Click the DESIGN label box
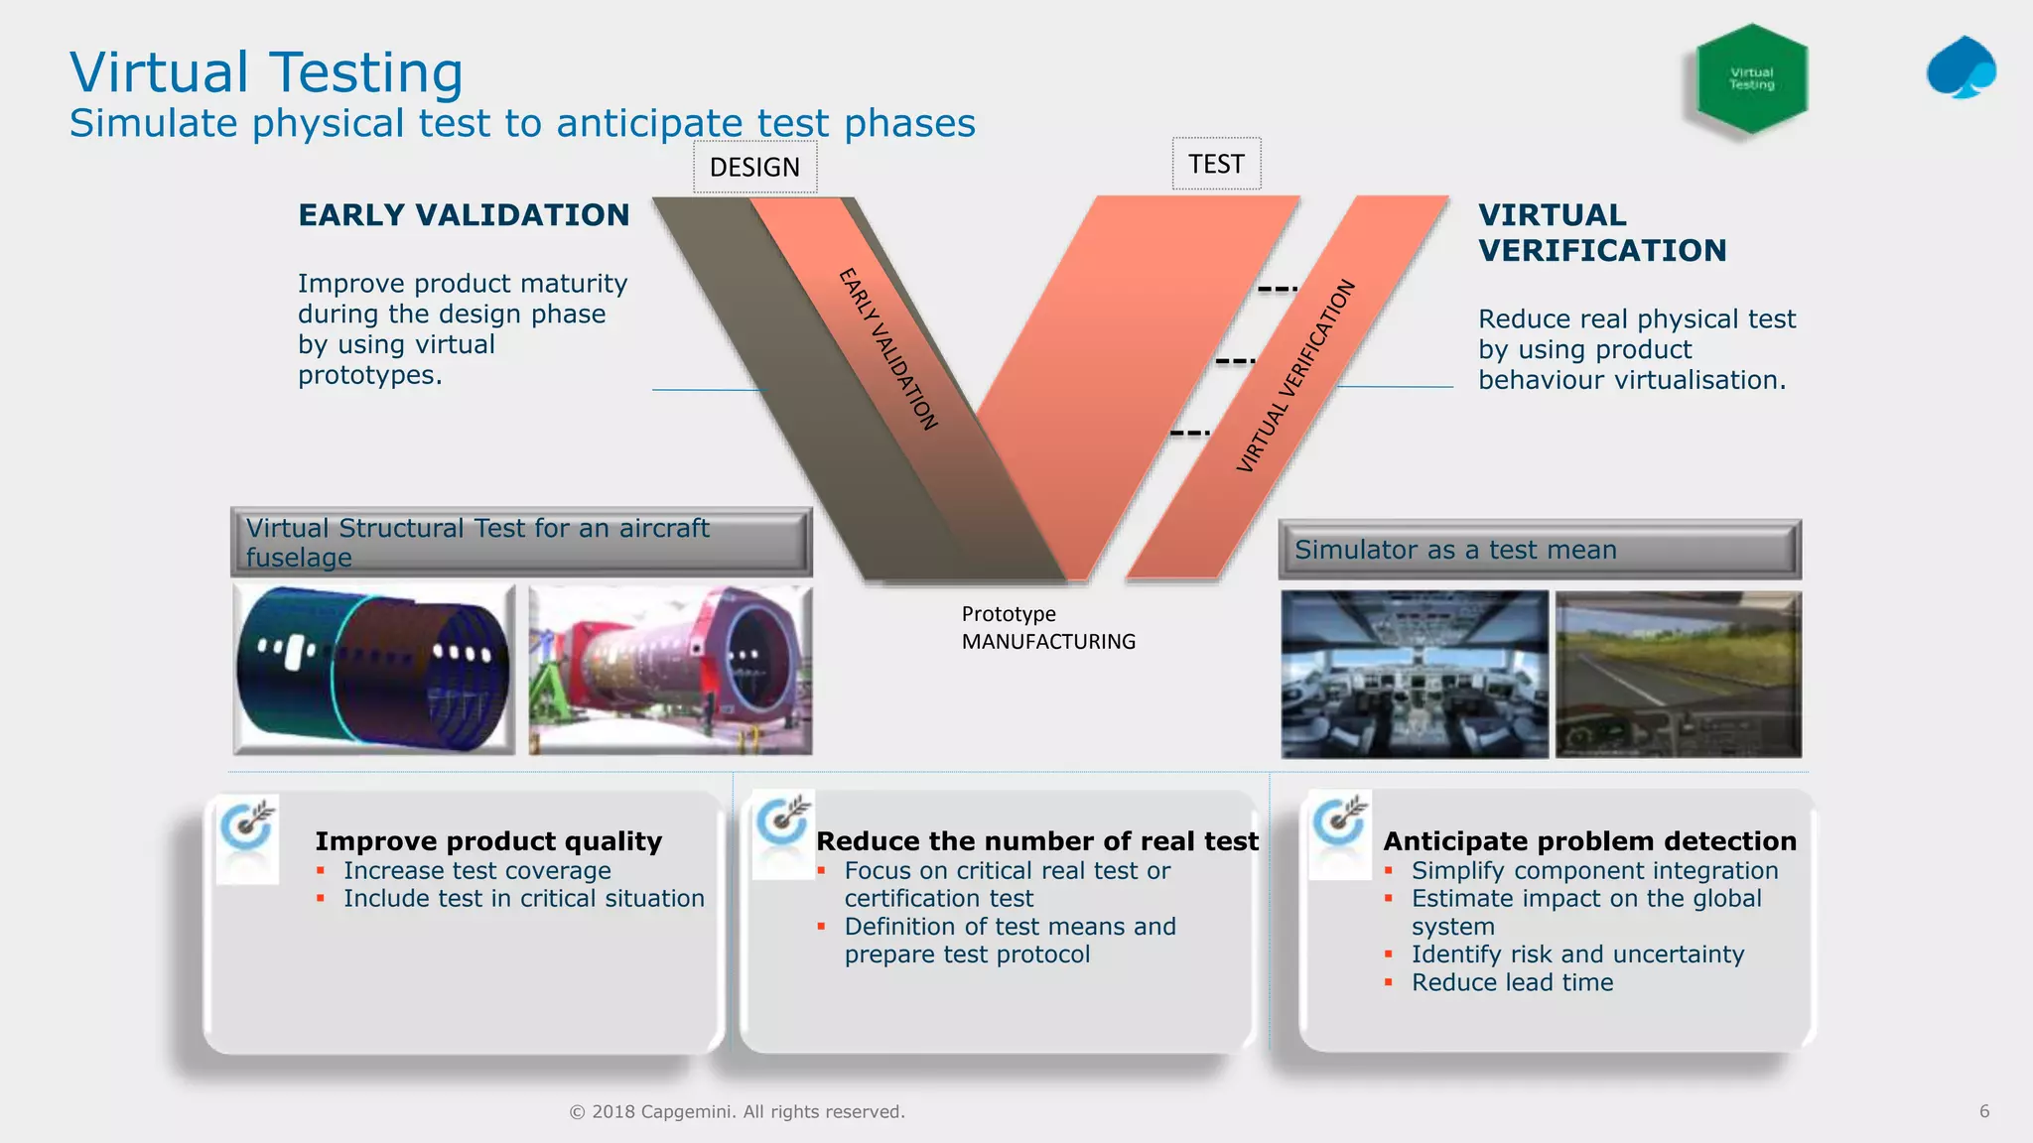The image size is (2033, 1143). pos(754,167)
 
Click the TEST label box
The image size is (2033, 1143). pos(1216,164)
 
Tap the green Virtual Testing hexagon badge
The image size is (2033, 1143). pos(1751,78)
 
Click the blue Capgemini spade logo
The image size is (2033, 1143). pos(1961,68)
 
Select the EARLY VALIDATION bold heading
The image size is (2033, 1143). pos(464,215)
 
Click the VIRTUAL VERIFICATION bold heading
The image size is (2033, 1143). pos(1601,233)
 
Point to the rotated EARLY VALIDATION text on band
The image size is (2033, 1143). pos(888,349)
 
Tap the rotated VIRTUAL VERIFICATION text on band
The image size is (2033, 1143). pos(1295,376)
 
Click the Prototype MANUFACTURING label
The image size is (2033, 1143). pos(1047,628)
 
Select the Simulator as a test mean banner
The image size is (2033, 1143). pos(1539,550)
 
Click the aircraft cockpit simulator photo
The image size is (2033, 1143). pos(1415,675)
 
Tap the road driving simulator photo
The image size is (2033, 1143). pos(1678,675)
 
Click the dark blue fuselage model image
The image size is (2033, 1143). pos(374,668)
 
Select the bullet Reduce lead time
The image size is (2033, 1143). pos(1512,982)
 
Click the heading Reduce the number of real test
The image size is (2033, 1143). pos(1036,841)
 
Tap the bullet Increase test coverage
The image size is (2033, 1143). pos(476,870)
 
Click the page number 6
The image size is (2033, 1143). pos(1983,1111)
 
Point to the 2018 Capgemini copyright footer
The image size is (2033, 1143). pos(737,1111)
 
